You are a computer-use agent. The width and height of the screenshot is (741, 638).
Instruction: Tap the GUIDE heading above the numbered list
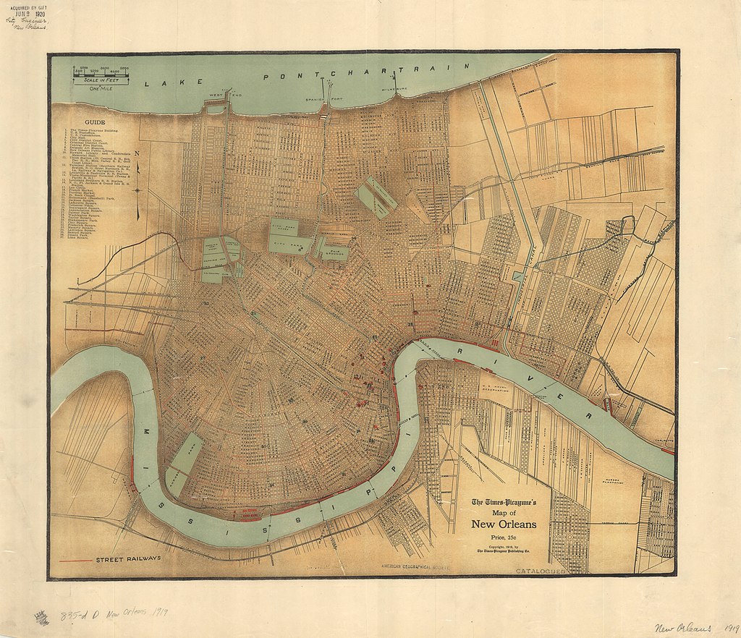pos(95,122)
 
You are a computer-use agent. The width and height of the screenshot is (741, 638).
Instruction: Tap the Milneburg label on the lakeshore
pos(394,90)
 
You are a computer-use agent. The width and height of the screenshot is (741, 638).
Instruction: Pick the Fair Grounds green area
pos(333,250)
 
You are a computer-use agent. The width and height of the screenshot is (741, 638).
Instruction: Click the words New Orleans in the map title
pos(504,524)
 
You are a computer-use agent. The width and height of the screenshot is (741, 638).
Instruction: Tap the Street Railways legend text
pos(128,559)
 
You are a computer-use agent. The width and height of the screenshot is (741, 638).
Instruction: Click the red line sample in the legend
pos(74,560)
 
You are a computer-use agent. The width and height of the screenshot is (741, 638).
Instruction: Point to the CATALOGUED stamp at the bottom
pos(540,571)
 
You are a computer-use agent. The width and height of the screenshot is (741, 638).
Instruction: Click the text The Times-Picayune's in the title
pos(504,502)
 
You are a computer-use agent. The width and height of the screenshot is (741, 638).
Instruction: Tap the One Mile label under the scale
pos(99,89)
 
